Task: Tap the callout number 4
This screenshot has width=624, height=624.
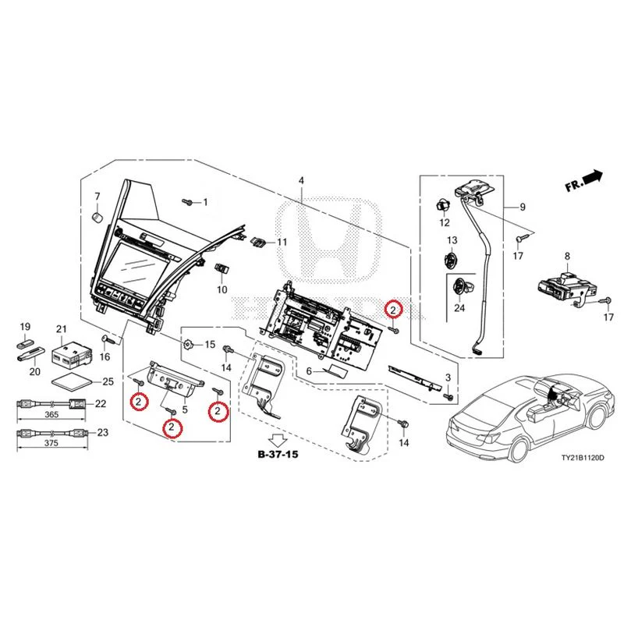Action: click(301, 181)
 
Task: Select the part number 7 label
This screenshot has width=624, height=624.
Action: click(97, 197)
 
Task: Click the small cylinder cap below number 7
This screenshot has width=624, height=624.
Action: click(97, 218)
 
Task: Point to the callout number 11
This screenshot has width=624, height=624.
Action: click(282, 242)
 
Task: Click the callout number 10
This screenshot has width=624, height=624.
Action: click(222, 289)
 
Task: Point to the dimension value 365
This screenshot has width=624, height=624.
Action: click(51, 414)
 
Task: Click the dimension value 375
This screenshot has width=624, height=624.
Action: click(51, 443)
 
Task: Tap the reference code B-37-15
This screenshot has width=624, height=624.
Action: click(278, 454)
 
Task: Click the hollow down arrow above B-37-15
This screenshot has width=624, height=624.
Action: click(278, 440)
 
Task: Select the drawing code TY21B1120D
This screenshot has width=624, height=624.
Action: click(582, 458)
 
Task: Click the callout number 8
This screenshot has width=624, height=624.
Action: click(567, 256)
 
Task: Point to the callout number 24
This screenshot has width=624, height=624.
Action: click(459, 307)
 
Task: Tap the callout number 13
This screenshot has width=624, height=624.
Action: click(452, 240)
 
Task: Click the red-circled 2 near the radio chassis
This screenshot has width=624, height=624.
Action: click(393, 309)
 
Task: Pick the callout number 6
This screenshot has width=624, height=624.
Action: click(309, 371)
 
